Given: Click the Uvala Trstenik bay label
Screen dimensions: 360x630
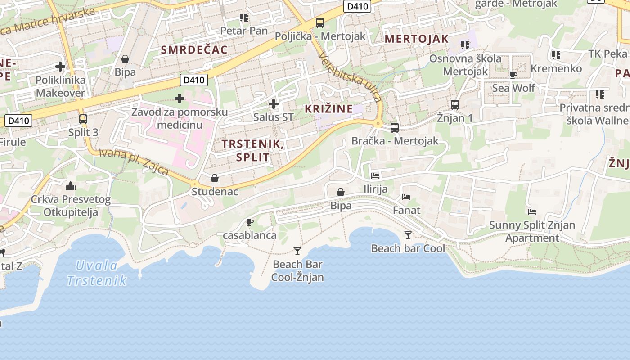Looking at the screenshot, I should coord(97,273).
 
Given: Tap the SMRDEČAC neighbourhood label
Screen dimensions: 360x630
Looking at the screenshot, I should coord(194,50).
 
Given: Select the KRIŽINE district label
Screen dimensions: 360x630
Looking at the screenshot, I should coord(328,109).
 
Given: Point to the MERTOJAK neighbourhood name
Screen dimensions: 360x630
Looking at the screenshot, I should coord(417,39).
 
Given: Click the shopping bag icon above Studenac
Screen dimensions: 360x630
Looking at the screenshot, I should coord(215,178).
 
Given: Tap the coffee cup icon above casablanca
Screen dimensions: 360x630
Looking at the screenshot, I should coord(250,222).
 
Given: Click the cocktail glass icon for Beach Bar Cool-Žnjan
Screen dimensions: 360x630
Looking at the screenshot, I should coord(297,251).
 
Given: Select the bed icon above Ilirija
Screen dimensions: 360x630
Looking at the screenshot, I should coord(375,175).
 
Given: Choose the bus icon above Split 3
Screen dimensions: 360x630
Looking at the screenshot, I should coord(83,119).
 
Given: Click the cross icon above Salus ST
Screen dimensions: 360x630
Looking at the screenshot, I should coord(273,104).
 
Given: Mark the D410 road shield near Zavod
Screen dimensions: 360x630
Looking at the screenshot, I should coord(194,81).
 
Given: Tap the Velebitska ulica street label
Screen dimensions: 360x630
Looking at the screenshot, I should coord(349,76).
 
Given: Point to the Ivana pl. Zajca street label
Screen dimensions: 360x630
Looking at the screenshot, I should coord(134,162).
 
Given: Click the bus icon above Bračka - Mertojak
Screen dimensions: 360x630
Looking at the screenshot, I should coord(395,128).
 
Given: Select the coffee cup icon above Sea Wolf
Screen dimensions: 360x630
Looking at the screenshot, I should coord(513,75).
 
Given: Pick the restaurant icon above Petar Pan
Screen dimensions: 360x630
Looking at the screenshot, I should coord(244,18).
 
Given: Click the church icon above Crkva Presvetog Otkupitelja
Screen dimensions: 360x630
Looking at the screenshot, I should coord(70,186).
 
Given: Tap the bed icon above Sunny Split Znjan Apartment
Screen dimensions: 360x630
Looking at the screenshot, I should coord(532,211).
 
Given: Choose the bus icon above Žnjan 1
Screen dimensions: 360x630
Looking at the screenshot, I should coord(455,105).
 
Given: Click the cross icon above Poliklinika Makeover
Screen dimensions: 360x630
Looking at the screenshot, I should coord(60,67).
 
